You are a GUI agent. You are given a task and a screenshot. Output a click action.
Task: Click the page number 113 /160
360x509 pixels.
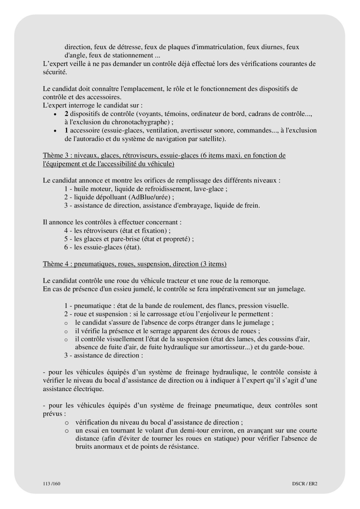point(50,483)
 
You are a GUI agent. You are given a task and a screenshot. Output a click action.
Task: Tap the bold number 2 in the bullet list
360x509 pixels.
point(66,114)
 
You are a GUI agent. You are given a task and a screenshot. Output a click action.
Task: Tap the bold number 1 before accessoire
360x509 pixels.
point(66,130)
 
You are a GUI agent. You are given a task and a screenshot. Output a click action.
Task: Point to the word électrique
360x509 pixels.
point(88,389)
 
